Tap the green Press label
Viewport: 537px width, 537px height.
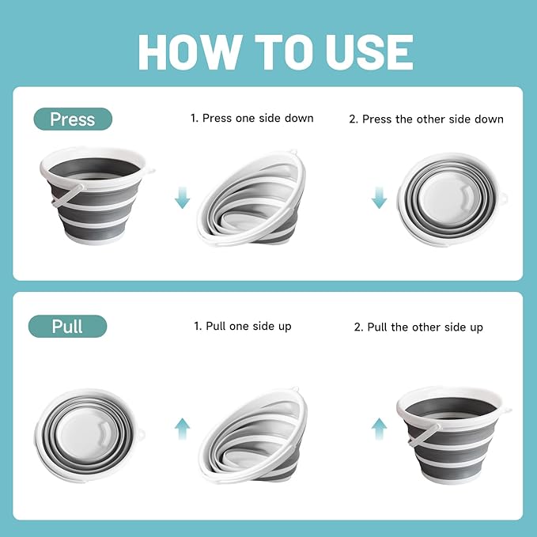click(72, 119)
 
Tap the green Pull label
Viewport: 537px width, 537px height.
click(67, 326)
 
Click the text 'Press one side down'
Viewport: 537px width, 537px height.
click(251, 118)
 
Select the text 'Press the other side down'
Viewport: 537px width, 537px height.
click(426, 119)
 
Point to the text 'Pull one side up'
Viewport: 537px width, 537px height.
click(243, 326)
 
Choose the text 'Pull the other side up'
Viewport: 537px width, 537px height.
click(418, 327)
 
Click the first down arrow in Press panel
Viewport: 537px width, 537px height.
click(183, 197)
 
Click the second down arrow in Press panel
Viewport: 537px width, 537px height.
click(379, 197)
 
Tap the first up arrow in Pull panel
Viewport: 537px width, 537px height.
click(183, 429)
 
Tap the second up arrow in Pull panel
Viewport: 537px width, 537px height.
click(379, 429)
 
